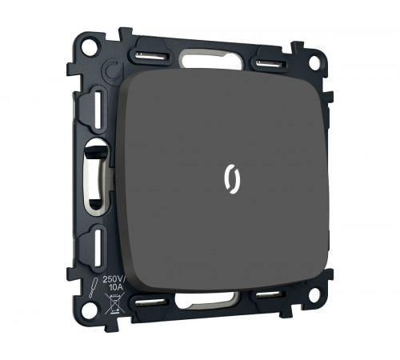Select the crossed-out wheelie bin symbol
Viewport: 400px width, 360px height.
115,303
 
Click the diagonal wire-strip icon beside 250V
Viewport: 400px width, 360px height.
94,289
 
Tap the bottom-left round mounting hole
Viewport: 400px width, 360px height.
90,310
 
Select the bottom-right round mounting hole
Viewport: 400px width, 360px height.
314,292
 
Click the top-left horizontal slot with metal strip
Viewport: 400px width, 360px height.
152,56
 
